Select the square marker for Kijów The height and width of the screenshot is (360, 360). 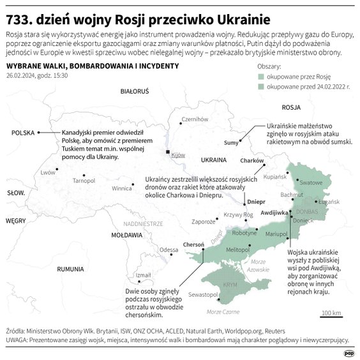click(168, 153)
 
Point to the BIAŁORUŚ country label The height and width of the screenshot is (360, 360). click(134, 91)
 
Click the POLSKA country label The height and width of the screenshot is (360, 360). click(22, 132)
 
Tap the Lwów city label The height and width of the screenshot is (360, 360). click(48, 172)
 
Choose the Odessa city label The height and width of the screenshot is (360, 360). click(169, 250)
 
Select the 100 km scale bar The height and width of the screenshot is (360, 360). click(331, 317)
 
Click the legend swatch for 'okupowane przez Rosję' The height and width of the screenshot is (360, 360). click(261, 75)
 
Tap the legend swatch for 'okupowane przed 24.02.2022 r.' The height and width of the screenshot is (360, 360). click(261, 86)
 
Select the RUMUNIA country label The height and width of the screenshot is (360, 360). click(70, 269)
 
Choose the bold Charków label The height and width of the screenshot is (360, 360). click(252, 160)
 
